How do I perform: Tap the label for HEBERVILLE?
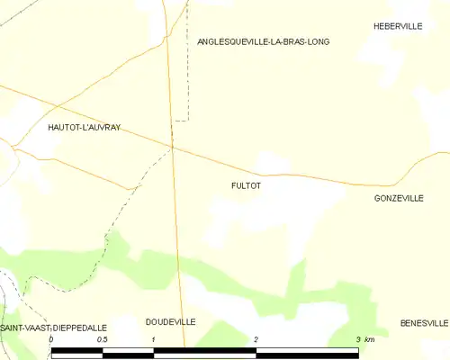click(x=398, y=27)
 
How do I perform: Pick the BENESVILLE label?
click(x=424, y=322)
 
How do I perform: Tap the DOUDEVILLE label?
click(x=170, y=321)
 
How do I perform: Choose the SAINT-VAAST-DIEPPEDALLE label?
click(x=54, y=328)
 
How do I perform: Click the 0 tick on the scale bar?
click(x=51, y=340)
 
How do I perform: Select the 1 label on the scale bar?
click(x=154, y=340)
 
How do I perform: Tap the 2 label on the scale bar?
click(x=256, y=340)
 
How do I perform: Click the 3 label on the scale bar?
click(x=358, y=340)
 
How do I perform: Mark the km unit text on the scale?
click(x=369, y=340)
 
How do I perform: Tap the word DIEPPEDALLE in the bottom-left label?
click(x=79, y=328)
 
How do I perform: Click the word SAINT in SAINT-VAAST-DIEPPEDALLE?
click(x=13, y=328)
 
